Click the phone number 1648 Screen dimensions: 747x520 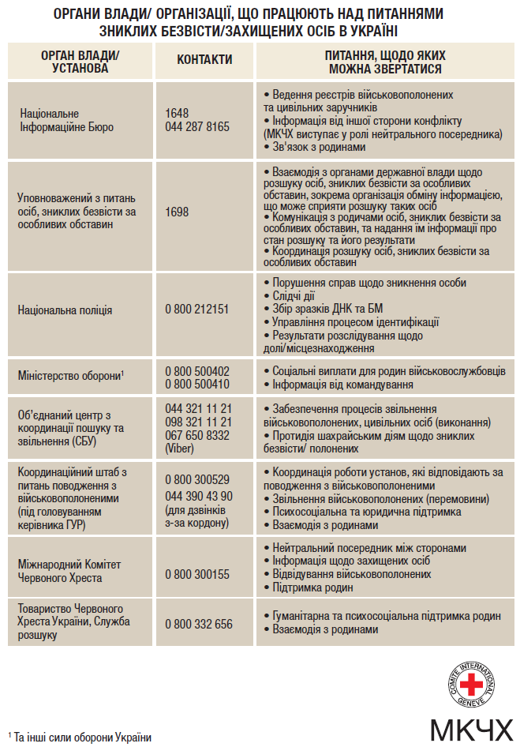point(177,114)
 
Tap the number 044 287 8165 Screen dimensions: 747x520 point(197,126)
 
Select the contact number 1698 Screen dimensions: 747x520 point(177,212)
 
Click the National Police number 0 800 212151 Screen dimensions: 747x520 point(196,310)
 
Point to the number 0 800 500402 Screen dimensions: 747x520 point(197,371)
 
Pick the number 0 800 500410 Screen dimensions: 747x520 point(197,385)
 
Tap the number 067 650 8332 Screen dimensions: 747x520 point(197,435)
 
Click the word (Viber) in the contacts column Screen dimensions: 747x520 point(179,448)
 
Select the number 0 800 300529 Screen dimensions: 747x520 point(197,479)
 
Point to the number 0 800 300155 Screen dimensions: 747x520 point(197,574)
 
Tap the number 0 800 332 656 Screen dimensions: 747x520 point(199,624)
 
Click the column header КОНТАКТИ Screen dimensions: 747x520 point(204,59)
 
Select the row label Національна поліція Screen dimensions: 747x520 point(65,310)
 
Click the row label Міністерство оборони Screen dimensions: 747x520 point(69,375)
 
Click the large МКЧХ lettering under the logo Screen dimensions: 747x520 point(471,729)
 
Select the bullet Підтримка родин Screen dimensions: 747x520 point(312,587)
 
